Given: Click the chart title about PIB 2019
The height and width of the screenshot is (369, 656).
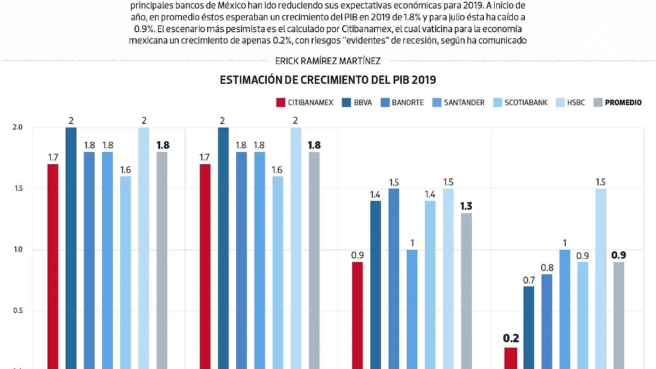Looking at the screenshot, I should [x=328, y=80].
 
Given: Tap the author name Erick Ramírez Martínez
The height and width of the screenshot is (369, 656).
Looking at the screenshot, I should [x=328, y=61].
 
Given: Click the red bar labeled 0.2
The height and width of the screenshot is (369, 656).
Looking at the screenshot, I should [x=510, y=358].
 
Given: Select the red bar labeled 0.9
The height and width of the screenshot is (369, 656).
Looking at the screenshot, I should [x=357, y=315].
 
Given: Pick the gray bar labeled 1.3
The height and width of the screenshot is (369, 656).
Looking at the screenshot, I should [x=466, y=290].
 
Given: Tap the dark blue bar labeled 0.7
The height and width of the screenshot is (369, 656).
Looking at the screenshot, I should [x=529, y=327].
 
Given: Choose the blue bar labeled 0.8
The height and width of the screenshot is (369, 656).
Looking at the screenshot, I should [x=547, y=321].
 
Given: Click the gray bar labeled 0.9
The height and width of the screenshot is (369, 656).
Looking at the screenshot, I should [x=619, y=315].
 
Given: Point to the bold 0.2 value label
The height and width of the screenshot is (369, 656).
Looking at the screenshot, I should [x=511, y=338].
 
